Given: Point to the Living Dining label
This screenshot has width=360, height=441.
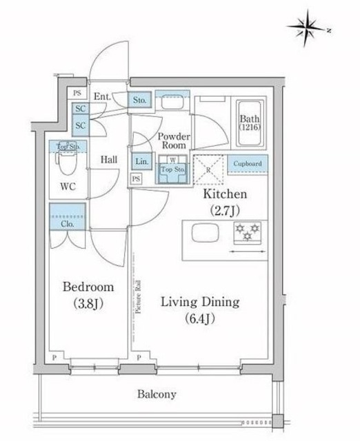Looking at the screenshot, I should [200, 309].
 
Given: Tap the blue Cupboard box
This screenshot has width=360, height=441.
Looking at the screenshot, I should [247, 164].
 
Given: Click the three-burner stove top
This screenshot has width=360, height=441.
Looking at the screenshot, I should [245, 233].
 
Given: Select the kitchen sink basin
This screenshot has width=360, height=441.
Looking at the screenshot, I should [204, 234].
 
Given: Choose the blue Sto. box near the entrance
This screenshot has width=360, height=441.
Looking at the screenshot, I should [140, 100].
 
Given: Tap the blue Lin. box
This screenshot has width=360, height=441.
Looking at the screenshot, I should [141, 161].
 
